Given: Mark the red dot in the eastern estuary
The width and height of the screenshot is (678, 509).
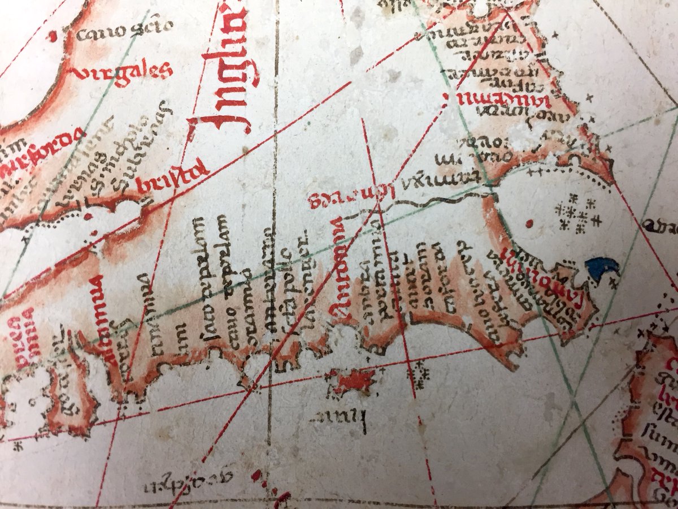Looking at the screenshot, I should point(529,224).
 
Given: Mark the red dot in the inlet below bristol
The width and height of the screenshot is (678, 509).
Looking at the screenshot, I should point(88,216).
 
